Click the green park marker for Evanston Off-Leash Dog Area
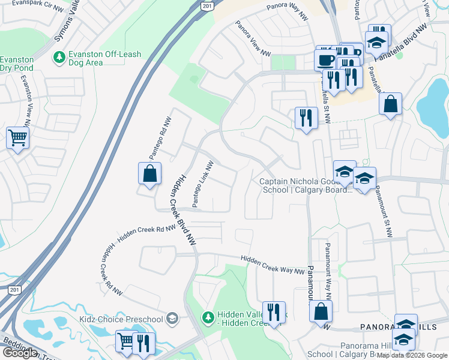click(59, 58)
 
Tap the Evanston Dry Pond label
click(16, 64)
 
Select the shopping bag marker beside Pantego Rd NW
click(149, 174)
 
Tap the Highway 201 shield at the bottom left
click(13, 289)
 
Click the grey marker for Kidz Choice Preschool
click(173, 317)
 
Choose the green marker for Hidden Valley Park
click(207, 316)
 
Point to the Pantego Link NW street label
click(203, 184)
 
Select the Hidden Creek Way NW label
click(273, 265)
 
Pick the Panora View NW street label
click(253, 38)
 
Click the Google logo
click(20, 352)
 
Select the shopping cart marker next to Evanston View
click(17, 137)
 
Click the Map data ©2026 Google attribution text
click(412, 355)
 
